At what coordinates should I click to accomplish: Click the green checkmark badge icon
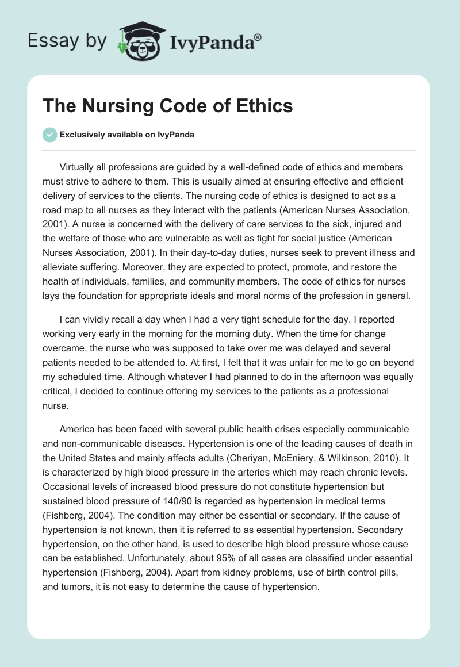pos(49,135)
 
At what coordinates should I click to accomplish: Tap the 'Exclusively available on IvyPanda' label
pos(126,135)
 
